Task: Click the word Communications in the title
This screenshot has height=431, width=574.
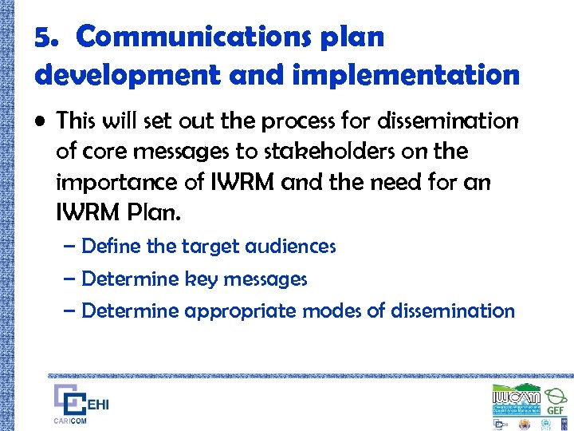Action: click(230, 37)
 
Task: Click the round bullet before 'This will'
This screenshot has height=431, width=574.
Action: click(40, 122)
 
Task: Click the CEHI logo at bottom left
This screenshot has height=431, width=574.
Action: click(81, 401)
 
